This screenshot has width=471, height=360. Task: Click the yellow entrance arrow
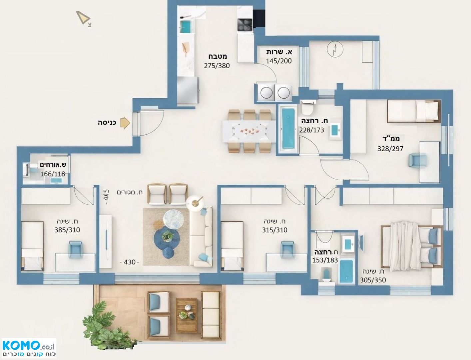point(125,123)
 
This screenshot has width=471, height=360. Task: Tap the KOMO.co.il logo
point(29,349)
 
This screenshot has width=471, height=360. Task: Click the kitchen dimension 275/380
point(217,66)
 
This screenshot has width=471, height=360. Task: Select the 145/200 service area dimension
point(279,61)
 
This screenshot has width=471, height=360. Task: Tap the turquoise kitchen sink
point(185,26)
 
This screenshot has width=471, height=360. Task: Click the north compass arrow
point(83,18)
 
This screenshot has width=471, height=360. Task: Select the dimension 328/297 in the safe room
point(390,149)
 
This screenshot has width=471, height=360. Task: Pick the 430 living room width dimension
point(129,262)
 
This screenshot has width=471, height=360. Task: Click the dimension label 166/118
point(53,174)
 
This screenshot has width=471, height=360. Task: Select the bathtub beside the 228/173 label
point(288,129)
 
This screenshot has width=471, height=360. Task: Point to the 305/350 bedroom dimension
point(373,280)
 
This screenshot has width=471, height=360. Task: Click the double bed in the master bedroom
point(412,247)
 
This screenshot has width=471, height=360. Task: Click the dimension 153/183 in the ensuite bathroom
point(325,260)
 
